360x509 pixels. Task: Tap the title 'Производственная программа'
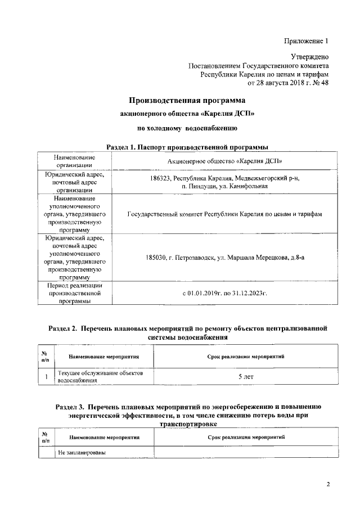click(x=187, y=101)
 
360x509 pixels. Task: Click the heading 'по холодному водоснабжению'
click(x=188, y=129)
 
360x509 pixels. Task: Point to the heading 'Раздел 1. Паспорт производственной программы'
click(x=187, y=147)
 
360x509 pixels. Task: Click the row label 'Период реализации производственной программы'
click(x=74, y=293)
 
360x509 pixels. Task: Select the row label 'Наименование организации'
click(x=74, y=161)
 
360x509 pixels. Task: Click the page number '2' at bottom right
click(x=329, y=484)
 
